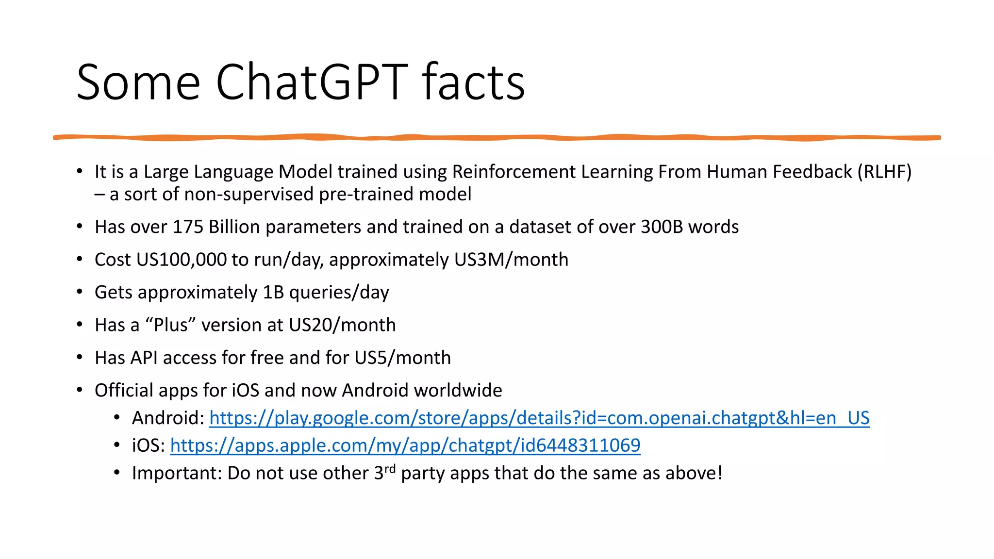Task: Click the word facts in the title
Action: point(473,82)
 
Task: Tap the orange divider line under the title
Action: point(497,138)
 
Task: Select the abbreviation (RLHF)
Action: point(884,172)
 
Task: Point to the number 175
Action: point(188,227)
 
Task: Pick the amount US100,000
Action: point(182,260)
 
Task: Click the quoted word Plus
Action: point(170,325)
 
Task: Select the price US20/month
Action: point(342,325)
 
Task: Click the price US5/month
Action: point(402,358)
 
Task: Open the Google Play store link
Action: point(539,418)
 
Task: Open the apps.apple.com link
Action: point(405,445)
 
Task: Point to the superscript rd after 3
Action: point(390,469)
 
